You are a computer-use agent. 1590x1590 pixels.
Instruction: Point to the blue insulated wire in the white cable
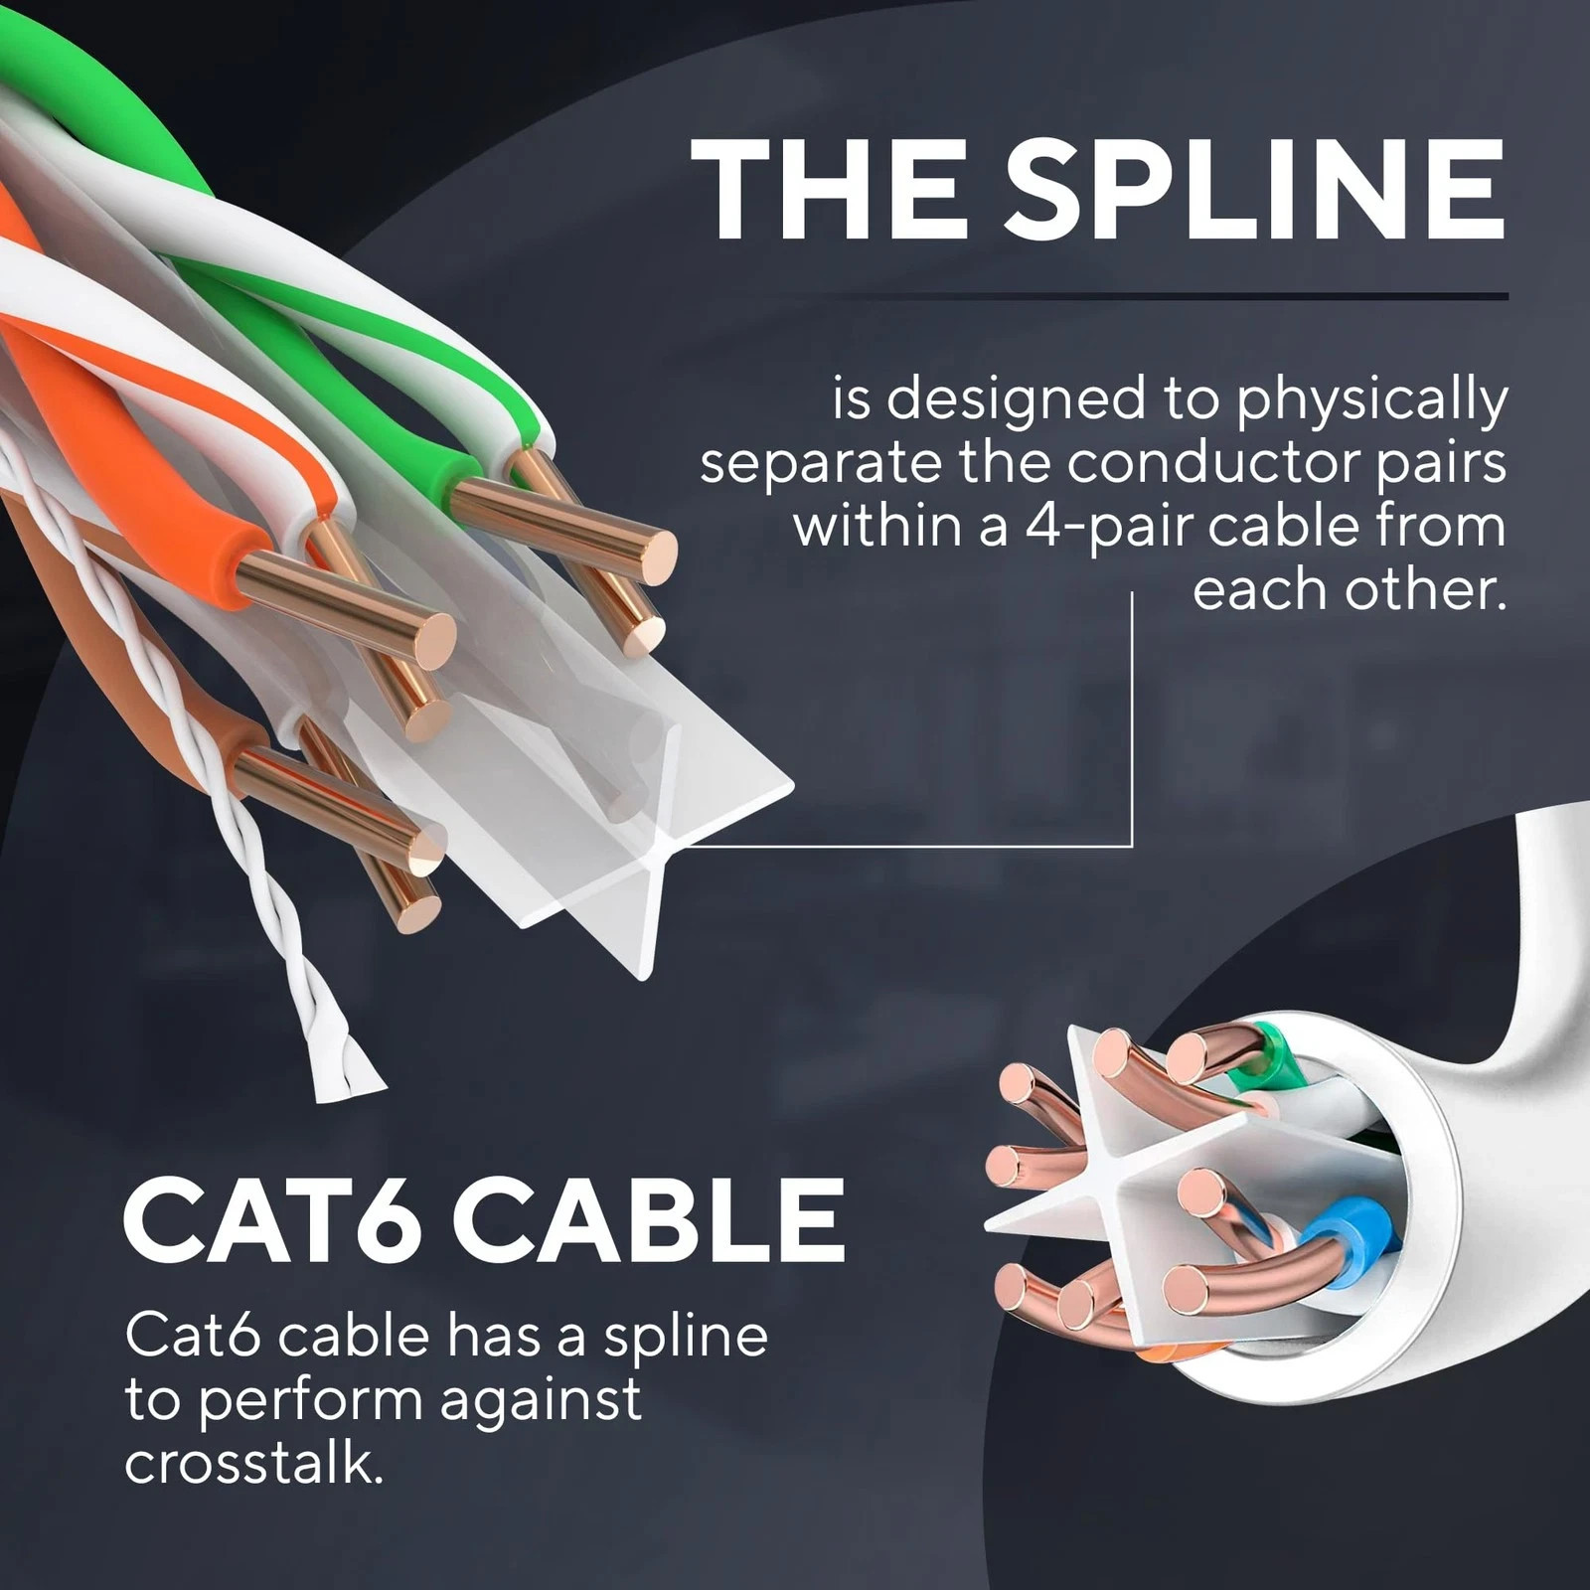pos(1347,1254)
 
